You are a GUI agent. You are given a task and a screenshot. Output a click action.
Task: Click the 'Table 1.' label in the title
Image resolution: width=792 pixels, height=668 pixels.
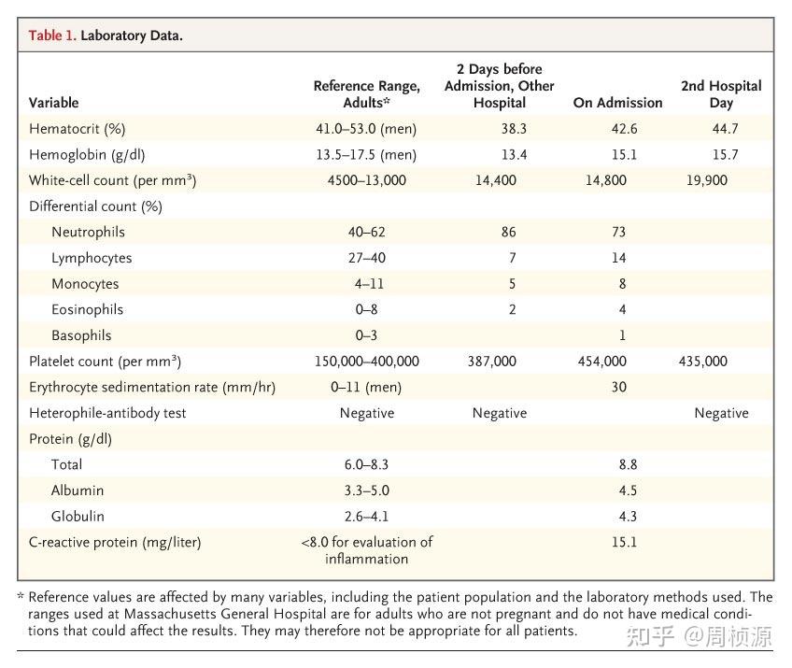(51, 36)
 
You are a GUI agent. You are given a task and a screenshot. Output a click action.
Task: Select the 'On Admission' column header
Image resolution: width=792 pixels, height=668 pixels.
(617, 103)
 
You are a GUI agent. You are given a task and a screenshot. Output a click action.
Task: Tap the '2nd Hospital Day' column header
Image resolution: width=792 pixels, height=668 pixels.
(720, 94)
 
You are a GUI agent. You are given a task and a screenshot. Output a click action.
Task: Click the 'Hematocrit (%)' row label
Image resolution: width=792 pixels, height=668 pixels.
(77, 129)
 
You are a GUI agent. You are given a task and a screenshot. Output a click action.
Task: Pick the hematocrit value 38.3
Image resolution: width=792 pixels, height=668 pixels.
(513, 129)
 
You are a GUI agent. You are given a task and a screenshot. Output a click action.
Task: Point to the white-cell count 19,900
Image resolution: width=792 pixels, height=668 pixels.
(706, 180)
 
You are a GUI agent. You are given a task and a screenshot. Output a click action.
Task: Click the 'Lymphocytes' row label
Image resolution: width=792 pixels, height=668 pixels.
(92, 258)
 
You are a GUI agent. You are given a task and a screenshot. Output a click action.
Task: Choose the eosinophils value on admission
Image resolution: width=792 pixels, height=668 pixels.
(622, 309)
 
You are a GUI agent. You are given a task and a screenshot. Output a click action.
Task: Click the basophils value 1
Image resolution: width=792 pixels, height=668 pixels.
(622, 335)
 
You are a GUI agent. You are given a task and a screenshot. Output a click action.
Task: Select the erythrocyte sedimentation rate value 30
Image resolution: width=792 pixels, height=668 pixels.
(618, 387)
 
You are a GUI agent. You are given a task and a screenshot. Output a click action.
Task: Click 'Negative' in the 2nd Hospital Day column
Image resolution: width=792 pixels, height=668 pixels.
(720, 413)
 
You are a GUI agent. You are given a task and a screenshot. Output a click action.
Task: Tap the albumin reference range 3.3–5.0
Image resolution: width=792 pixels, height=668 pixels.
(366, 490)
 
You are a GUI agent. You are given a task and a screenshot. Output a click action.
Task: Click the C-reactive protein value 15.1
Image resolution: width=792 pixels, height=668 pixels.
(624, 542)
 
